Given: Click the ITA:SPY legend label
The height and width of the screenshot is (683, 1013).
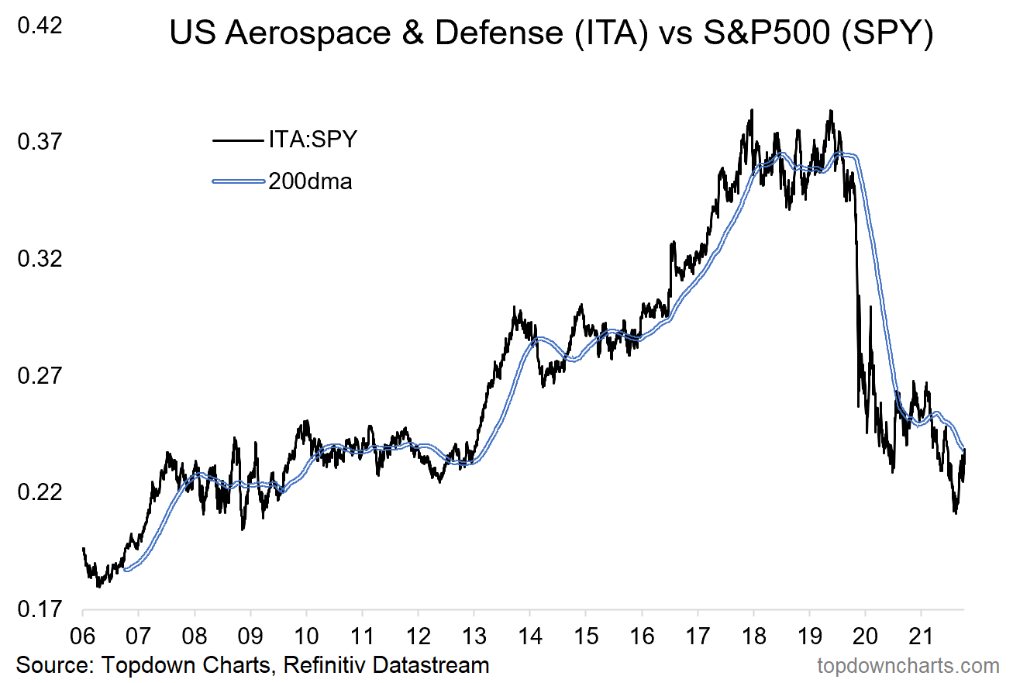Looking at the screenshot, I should click(312, 140).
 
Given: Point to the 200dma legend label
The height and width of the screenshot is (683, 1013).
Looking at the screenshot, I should click(310, 181).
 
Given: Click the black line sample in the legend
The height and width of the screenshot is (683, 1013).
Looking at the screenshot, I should click(238, 140).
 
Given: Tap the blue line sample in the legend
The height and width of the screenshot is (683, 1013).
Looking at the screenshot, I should click(238, 181).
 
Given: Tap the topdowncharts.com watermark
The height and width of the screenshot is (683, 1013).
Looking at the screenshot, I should click(908, 665).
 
